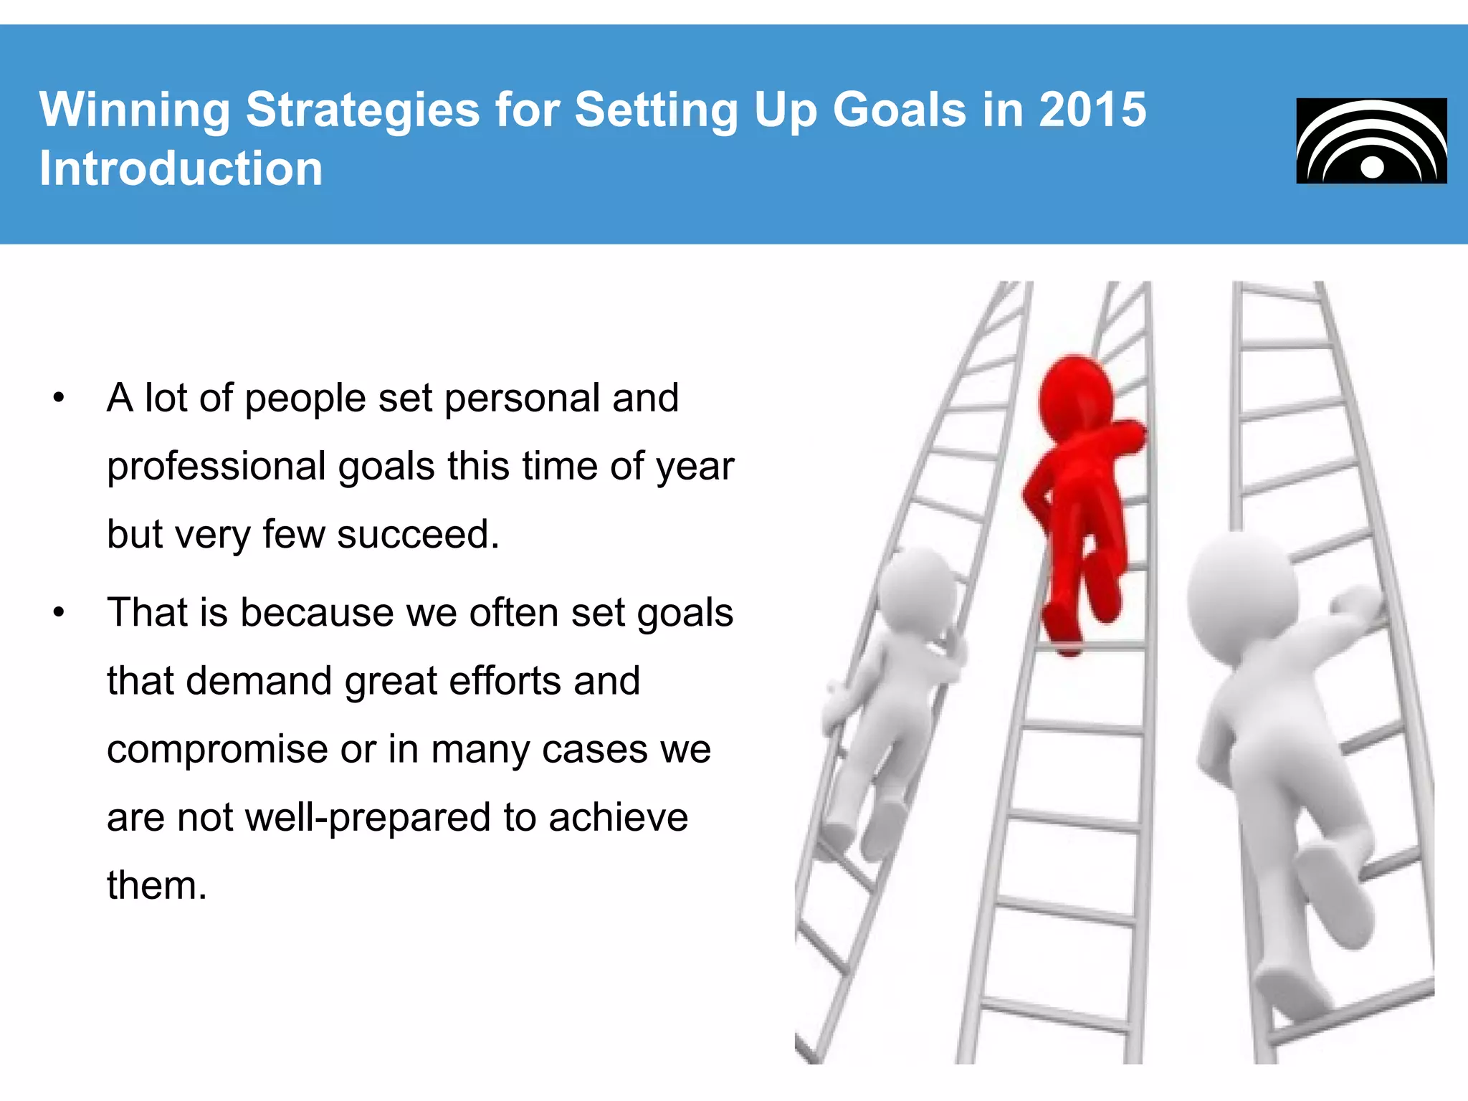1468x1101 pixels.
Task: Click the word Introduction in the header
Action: pos(181,169)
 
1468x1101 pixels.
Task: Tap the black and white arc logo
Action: pos(1371,141)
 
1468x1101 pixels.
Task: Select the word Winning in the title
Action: pos(135,110)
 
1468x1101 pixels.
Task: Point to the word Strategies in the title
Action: pos(362,110)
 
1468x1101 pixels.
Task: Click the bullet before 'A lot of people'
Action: pos(59,398)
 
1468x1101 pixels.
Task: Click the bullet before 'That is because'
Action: pos(59,613)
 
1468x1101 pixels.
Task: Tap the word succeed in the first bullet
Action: pos(417,535)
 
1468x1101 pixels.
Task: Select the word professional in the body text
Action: pos(216,467)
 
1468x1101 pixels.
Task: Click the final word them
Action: pos(156,886)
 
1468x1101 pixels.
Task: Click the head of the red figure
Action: pos(1075,398)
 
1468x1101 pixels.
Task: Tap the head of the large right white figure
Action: pos(1242,595)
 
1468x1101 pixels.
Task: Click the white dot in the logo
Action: pos(1372,167)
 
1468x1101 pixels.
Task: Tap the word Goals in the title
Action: pos(899,110)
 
